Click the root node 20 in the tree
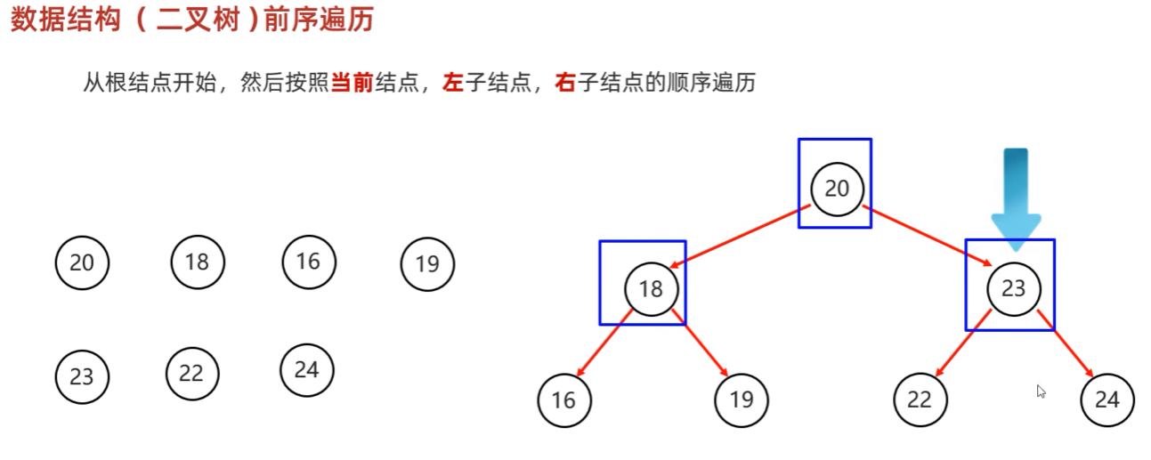[x=837, y=189]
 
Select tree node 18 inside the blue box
[x=651, y=288]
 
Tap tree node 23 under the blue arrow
[x=1013, y=288]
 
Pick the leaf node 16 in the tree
[x=563, y=400]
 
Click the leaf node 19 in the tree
[x=741, y=400]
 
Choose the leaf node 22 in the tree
[x=919, y=400]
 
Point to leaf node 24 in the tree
[x=1106, y=400]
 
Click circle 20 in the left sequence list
[x=81, y=263]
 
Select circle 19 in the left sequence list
[x=427, y=264]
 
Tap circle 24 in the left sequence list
[x=306, y=369]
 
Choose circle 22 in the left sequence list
[x=191, y=374]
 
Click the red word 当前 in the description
[x=352, y=85]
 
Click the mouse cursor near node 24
[x=1041, y=391]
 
